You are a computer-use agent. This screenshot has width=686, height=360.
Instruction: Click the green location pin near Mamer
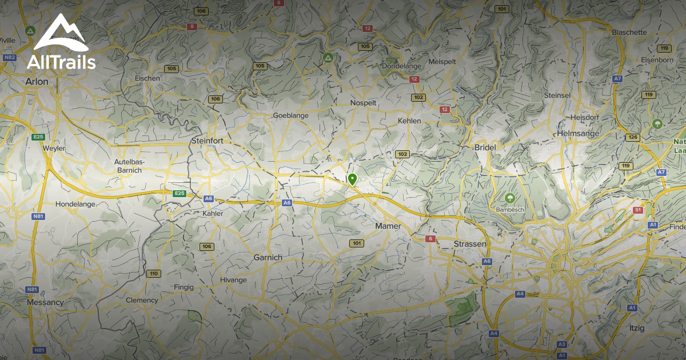pyautogui.click(x=352, y=179)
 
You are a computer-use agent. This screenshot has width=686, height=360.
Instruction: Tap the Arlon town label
pyautogui.click(x=37, y=82)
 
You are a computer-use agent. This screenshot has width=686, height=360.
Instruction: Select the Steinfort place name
pyautogui.click(x=207, y=141)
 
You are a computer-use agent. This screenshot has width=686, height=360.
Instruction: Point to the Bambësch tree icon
pyautogui.click(x=508, y=198)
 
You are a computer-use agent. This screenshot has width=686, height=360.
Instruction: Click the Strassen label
pyautogui.click(x=469, y=244)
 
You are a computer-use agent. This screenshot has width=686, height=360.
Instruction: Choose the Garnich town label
pyautogui.click(x=268, y=258)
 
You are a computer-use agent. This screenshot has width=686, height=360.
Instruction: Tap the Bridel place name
pyautogui.click(x=485, y=147)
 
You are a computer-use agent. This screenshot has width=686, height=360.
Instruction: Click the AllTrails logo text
pyautogui.click(x=61, y=62)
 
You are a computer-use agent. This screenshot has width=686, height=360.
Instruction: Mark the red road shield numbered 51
pyautogui.click(x=638, y=210)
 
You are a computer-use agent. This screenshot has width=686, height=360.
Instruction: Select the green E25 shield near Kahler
pyautogui.click(x=180, y=194)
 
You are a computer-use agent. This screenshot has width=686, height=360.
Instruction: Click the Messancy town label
pyautogui.click(x=45, y=302)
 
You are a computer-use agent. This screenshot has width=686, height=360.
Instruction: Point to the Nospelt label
pyautogui.click(x=364, y=103)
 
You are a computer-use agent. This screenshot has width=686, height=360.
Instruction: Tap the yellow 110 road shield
pyautogui.click(x=153, y=274)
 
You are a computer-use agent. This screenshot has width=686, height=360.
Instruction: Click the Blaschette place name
pyautogui.click(x=629, y=33)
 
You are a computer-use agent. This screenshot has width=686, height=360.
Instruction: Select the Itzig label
pyautogui.click(x=636, y=329)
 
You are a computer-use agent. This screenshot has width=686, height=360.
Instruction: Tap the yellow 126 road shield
pyautogui.click(x=632, y=138)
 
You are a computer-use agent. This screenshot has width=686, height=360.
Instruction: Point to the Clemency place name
pyautogui.click(x=142, y=301)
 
